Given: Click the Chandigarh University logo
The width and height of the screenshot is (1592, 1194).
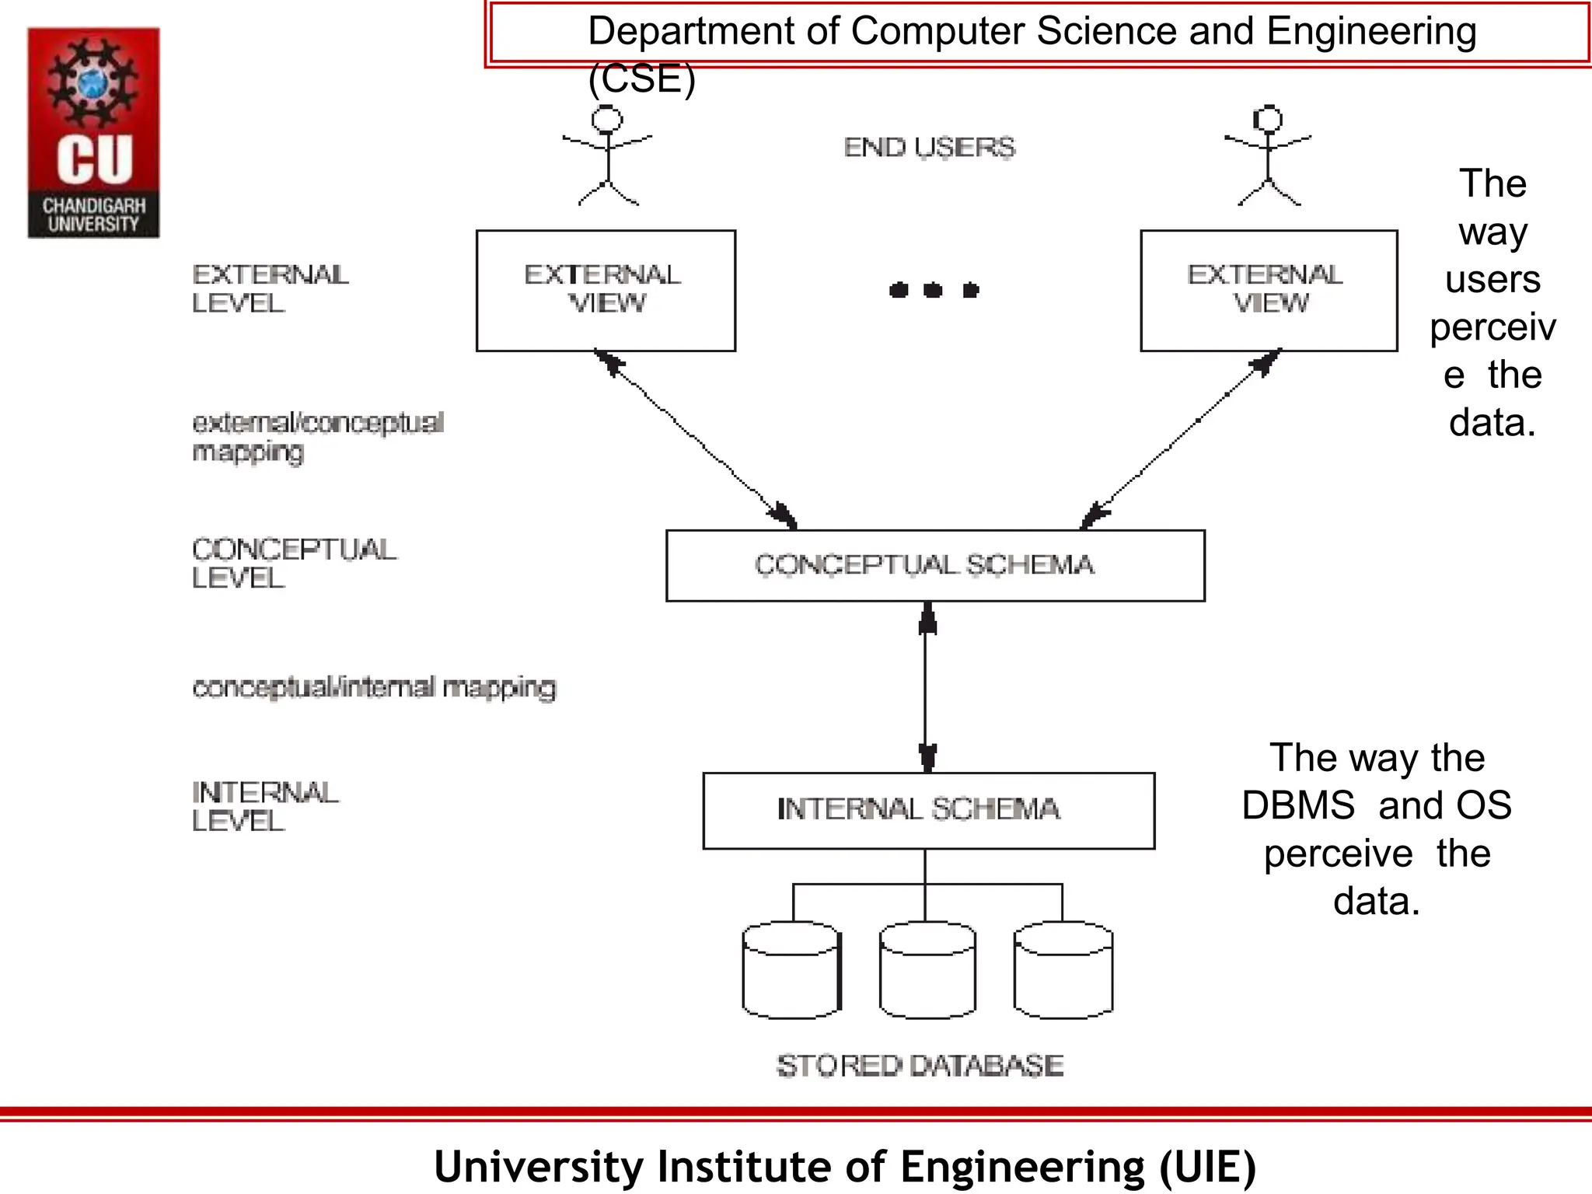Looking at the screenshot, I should click(93, 133).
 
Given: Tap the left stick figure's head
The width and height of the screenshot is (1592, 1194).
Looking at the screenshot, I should click(607, 120).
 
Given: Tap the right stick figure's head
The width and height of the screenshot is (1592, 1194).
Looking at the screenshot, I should click(1268, 119).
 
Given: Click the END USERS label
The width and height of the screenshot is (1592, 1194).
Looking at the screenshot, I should click(929, 147).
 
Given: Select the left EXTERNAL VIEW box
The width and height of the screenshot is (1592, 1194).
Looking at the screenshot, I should click(606, 290).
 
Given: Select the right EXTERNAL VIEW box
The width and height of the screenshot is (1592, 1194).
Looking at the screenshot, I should click(1268, 290).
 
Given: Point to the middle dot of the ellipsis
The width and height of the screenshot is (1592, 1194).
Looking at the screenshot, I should click(933, 291).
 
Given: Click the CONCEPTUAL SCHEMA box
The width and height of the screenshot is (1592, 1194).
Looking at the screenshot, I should click(935, 565).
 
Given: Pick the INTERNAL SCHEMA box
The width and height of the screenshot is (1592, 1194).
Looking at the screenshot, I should click(928, 810).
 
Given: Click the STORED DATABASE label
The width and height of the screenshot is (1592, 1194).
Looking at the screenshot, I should click(920, 1065).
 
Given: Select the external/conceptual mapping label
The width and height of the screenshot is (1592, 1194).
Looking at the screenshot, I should click(317, 437).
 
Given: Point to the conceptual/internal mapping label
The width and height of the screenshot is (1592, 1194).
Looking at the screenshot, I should click(374, 688).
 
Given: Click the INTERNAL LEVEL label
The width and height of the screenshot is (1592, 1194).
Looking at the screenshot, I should click(264, 807).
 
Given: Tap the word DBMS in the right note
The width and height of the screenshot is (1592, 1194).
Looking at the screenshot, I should click(1297, 805).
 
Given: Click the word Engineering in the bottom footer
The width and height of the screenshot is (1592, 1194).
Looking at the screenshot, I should click(1021, 1167).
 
